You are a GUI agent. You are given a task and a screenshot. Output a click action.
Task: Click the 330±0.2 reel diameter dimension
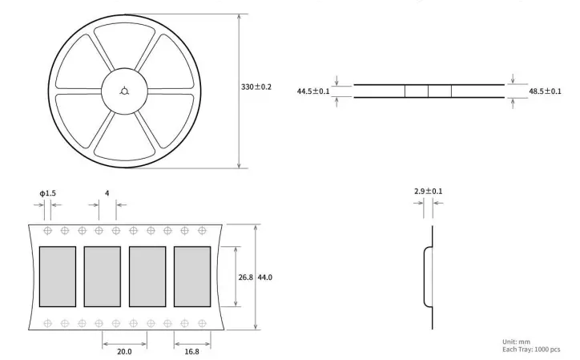[x=256, y=87]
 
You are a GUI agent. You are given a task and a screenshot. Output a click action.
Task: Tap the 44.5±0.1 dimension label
[x=313, y=91]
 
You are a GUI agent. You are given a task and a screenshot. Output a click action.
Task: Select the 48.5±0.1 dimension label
[x=544, y=91]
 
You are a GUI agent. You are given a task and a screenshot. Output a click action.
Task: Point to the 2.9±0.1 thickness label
[x=428, y=191]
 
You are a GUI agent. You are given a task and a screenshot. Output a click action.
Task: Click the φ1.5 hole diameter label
[x=48, y=193]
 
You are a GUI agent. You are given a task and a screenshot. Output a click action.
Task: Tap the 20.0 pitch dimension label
[x=124, y=350]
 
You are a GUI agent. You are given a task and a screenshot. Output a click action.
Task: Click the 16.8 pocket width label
[x=193, y=350]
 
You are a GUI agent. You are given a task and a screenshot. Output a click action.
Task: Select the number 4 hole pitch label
[x=107, y=193]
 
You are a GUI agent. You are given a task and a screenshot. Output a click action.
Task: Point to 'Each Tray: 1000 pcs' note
[x=531, y=350]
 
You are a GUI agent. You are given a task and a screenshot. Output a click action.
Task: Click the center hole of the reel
[x=123, y=89]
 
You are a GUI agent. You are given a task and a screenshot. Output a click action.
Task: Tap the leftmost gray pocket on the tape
[x=58, y=277]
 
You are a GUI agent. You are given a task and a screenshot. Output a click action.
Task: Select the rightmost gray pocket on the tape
[x=192, y=277]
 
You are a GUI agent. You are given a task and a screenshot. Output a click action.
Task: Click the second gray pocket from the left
[x=103, y=277]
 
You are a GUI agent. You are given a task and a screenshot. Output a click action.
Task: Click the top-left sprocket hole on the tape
[x=47, y=230]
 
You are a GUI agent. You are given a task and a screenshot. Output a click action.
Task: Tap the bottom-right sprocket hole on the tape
[x=202, y=323]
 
